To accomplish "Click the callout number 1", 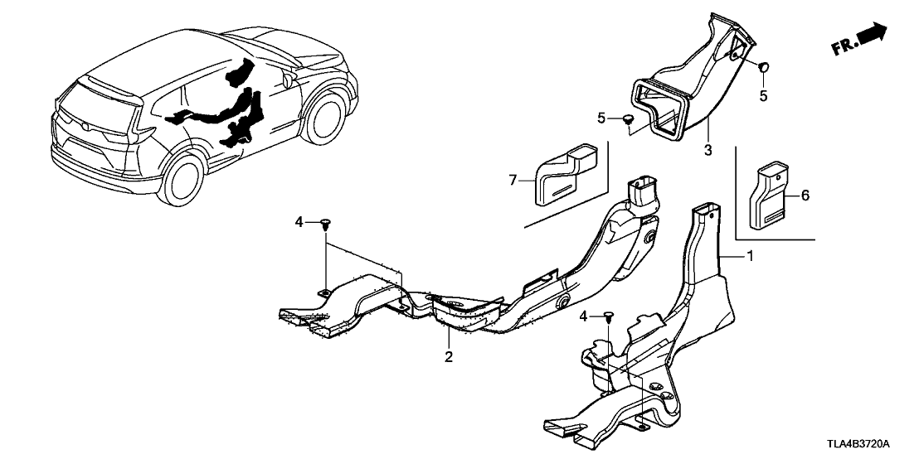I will tap(751, 257).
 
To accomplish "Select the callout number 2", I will tap(448, 357).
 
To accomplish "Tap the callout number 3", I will tap(708, 150).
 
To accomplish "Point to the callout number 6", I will tap(803, 196).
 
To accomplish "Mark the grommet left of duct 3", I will tap(628, 121).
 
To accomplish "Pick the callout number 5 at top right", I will tap(763, 96).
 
